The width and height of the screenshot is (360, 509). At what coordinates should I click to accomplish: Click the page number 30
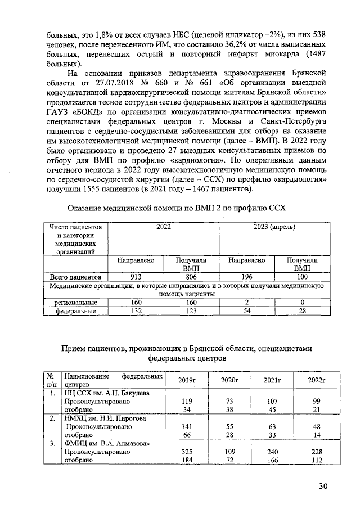pos(322,487)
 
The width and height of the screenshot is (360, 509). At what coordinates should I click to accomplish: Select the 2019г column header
pos(186,381)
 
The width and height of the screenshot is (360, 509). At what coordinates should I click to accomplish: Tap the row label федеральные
pos(75,310)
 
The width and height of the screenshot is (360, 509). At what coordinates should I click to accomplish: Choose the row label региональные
pos(75,302)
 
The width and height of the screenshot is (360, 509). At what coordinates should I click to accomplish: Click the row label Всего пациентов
pos(75,277)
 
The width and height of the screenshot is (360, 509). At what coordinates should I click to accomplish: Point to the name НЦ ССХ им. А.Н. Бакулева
pos(107,393)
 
